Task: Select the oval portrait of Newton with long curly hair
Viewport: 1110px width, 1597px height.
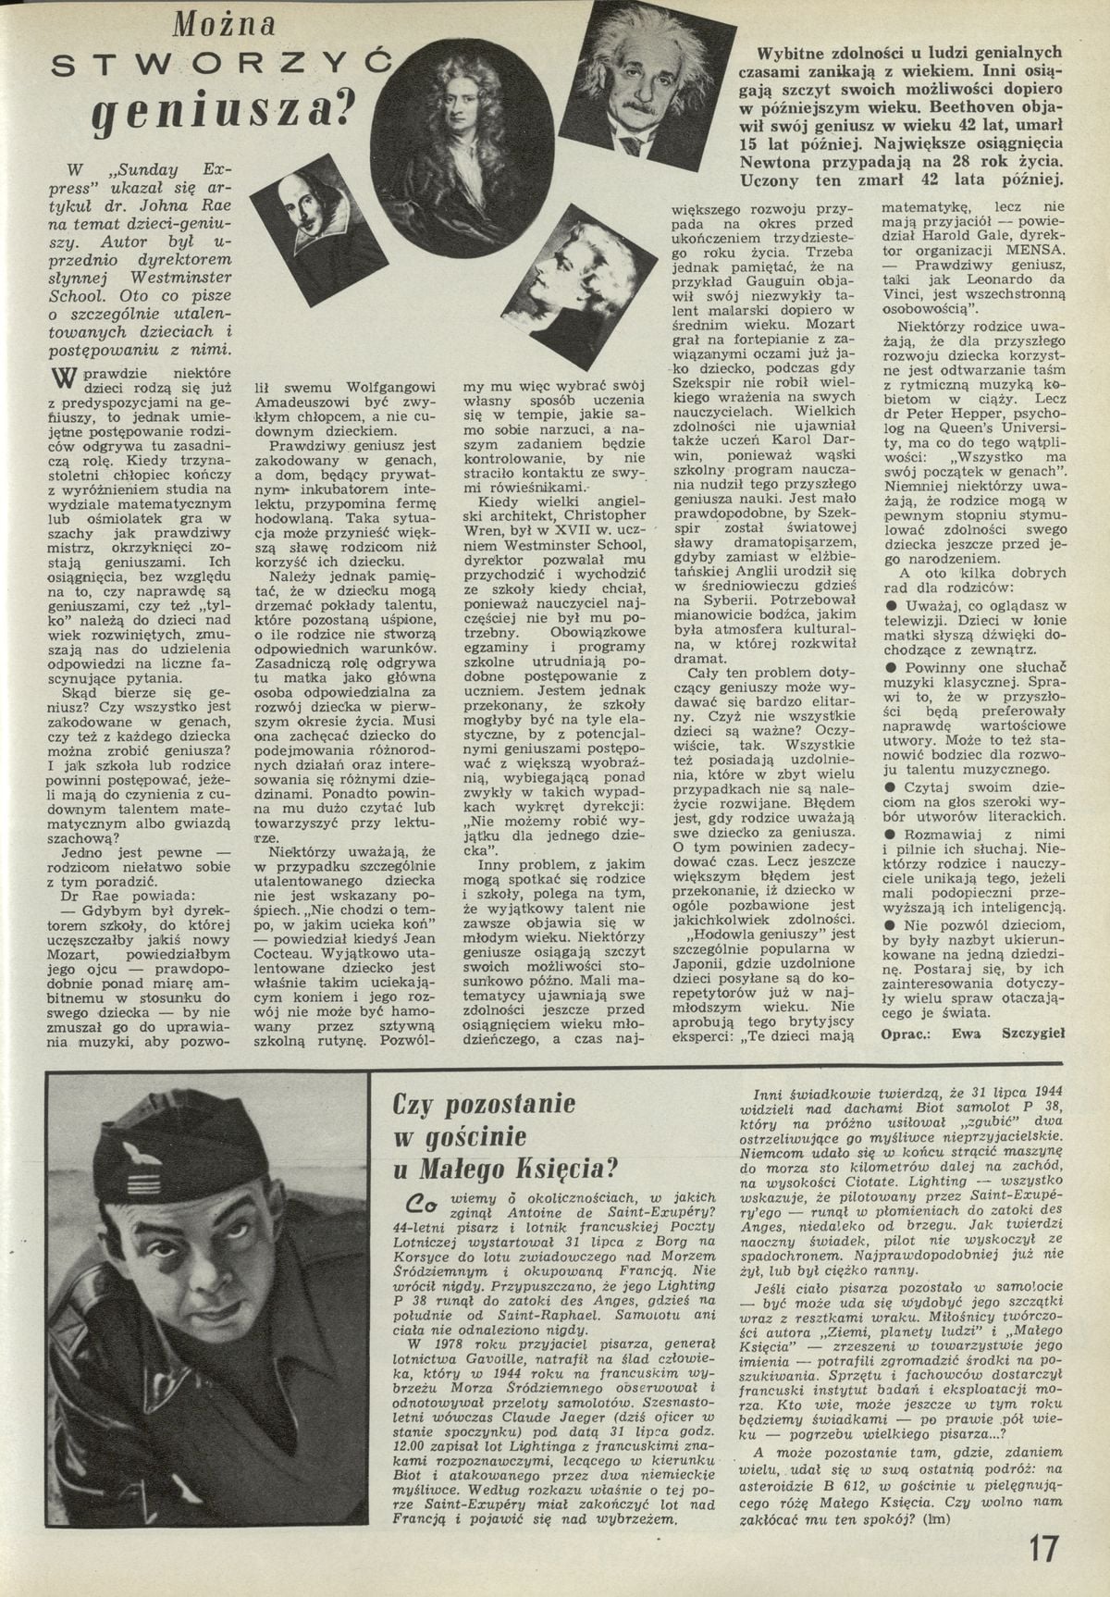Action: (456, 119)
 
